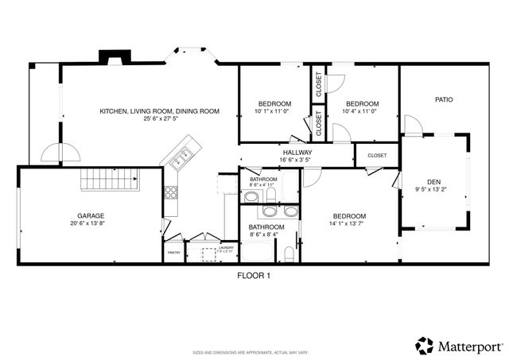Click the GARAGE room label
coord(91,215)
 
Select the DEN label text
coord(433,183)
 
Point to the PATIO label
coord(443,100)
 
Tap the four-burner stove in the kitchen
coord(170,192)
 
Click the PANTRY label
coord(173,253)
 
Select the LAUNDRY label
coord(225,249)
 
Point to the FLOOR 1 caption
coord(254,276)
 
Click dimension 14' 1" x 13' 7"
coord(349,224)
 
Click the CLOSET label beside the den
coord(376,156)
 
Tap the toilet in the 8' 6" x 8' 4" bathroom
coord(288,253)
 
